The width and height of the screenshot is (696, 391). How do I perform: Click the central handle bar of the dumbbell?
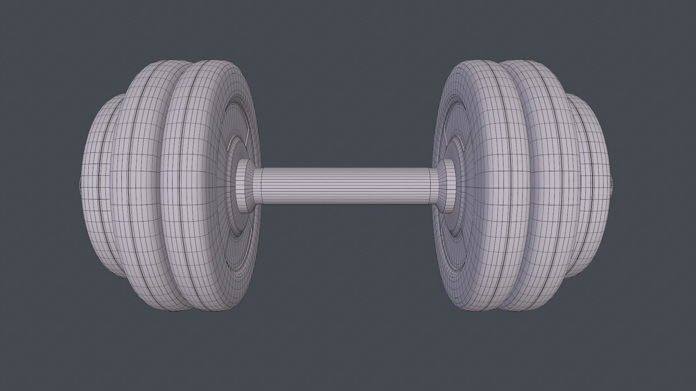click(x=344, y=185)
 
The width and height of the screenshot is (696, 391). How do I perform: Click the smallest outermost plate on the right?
click(x=594, y=188)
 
